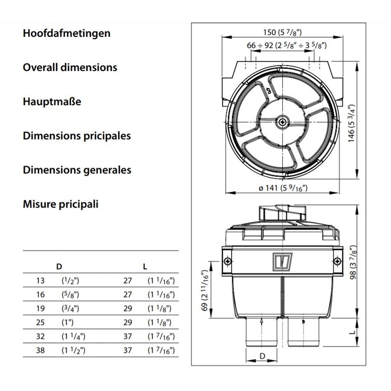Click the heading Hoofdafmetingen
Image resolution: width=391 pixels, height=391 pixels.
pyautogui.click(x=66, y=33)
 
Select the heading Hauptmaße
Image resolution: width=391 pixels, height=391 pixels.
pyautogui.click(x=52, y=102)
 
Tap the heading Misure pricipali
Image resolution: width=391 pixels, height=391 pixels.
pyautogui.click(x=61, y=204)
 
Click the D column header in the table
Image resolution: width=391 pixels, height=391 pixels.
pyautogui.click(x=59, y=267)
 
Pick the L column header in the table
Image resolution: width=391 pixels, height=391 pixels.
pyautogui.click(x=145, y=267)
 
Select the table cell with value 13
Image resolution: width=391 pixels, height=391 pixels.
pyautogui.click(x=40, y=280)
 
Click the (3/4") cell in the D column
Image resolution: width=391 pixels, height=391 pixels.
pyautogui.click(x=70, y=308)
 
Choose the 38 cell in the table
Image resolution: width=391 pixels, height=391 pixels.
pyautogui.click(x=40, y=350)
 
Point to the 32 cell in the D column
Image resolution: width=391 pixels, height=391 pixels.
pyautogui.click(x=40, y=336)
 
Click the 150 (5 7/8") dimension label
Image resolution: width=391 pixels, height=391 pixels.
pyautogui.click(x=283, y=33)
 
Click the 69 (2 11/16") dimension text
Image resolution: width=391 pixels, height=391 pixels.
pyautogui.click(x=203, y=290)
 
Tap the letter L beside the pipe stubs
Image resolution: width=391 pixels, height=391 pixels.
pyautogui.click(x=352, y=333)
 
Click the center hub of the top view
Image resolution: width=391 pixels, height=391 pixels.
pyautogui.click(x=282, y=122)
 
